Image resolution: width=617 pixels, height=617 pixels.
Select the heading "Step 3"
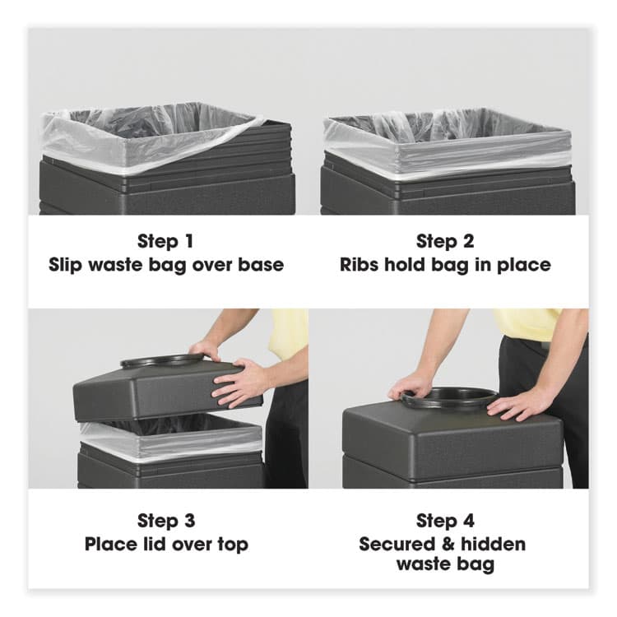pos(166,521)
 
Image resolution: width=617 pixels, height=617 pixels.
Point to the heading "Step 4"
pos(445,521)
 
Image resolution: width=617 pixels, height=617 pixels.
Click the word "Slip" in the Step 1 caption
pos(67,265)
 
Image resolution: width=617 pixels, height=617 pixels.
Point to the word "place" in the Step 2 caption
pos(525,265)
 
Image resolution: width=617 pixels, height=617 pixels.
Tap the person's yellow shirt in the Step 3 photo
pos(290,333)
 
